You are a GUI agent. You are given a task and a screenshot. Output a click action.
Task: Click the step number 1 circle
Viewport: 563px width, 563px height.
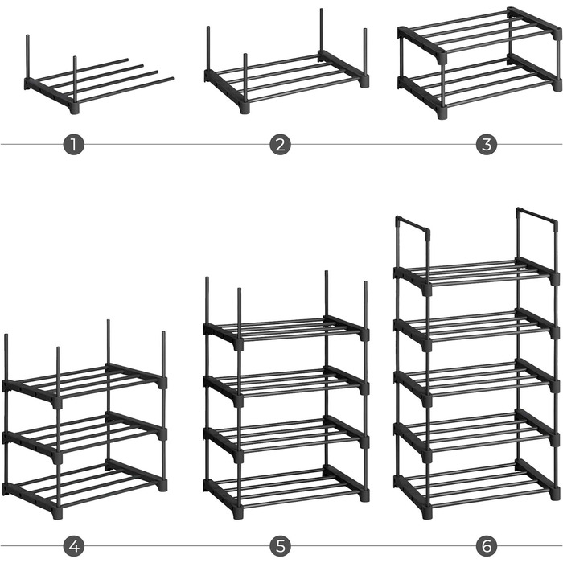point(74,145)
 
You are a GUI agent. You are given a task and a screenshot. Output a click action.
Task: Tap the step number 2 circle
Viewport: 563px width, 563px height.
point(280,145)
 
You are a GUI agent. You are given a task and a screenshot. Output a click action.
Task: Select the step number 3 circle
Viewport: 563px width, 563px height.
point(487,145)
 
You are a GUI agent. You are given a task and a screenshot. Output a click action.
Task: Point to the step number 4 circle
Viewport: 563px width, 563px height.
point(74,546)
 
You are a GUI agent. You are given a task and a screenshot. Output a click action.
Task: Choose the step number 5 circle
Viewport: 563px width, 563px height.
point(280,546)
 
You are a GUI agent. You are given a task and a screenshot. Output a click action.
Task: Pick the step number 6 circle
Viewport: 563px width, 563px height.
point(487,546)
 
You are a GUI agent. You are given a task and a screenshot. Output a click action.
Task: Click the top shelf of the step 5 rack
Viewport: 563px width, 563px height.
point(286,332)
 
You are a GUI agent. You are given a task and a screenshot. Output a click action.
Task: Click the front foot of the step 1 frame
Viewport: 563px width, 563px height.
point(75,109)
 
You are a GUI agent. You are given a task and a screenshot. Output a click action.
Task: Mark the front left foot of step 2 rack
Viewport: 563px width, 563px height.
point(245,109)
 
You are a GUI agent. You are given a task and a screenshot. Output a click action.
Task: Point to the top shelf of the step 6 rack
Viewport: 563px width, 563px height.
point(476,275)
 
